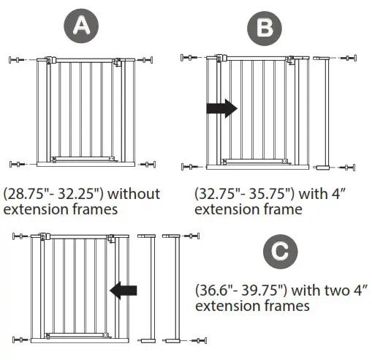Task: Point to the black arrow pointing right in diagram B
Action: (x=222, y=109)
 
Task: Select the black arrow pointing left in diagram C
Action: (x=123, y=292)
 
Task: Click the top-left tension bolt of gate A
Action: (x=18, y=60)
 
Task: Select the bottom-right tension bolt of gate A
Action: (x=149, y=164)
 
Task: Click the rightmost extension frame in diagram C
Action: (x=172, y=288)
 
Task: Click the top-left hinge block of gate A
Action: (x=50, y=61)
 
